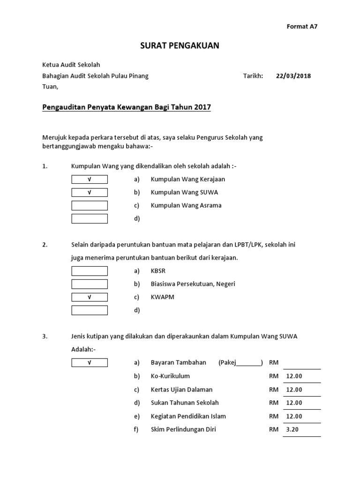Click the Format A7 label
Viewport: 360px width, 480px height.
click(x=302, y=27)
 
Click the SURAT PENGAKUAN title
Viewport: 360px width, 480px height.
click(x=180, y=45)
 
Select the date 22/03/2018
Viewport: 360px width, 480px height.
click(x=293, y=76)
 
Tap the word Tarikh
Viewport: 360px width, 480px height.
click(x=253, y=76)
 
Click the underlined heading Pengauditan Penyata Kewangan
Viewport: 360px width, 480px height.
click(x=127, y=107)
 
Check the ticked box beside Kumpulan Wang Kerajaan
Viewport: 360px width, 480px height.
click(x=90, y=179)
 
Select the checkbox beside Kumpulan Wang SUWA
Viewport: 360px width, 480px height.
click(x=90, y=192)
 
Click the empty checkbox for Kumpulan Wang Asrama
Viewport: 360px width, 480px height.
click(x=90, y=205)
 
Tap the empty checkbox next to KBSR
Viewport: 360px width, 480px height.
click(x=90, y=271)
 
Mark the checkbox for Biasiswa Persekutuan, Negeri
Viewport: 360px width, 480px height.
click(x=90, y=284)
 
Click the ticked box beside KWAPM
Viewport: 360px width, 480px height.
click(x=90, y=297)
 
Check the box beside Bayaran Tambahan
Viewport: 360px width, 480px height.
click(x=90, y=363)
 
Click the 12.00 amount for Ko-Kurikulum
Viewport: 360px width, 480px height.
click(x=294, y=376)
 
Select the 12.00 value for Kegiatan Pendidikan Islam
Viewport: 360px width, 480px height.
click(x=294, y=416)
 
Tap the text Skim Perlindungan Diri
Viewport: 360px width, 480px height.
click(x=183, y=429)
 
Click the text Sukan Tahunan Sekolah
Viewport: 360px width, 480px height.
click(x=185, y=403)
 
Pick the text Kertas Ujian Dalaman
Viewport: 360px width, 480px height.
click(x=181, y=390)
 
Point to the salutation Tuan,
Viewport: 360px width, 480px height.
click(x=51, y=87)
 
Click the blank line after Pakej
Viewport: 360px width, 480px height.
click(x=249, y=364)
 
